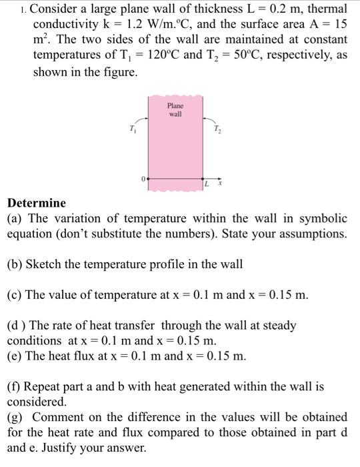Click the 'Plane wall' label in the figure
tap(175, 110)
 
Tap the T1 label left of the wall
tap(132, 128)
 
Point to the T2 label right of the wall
tap(216, 128)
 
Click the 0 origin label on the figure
tap(142, 179)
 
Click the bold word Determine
tap(37, 203)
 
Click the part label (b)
tap(15, 264)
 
